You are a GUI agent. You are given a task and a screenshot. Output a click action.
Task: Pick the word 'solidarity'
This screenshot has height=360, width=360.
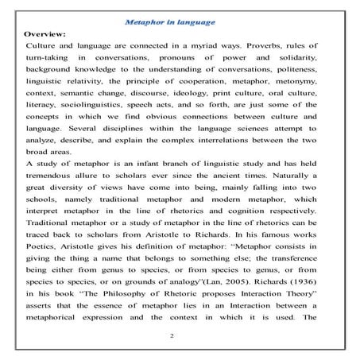point(304,66)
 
